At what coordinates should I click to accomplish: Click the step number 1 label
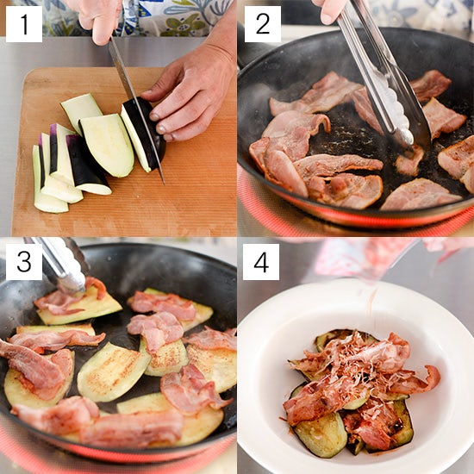coord(24,24)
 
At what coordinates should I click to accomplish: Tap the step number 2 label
coord(262,24)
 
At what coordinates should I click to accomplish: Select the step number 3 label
coord(24,262)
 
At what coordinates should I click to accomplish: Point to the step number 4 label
coord(261,262)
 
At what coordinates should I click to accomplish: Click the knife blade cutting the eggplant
coord(136,109)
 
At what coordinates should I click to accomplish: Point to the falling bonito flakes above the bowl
coord(371,305)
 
